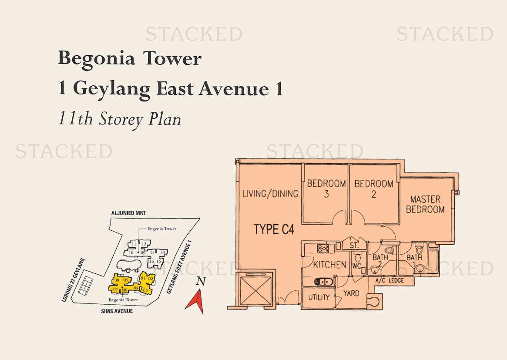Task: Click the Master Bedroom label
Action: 425,205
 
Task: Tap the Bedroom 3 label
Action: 326,188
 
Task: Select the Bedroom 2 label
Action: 374,189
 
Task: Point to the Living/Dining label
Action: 270,194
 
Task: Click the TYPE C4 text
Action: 274,229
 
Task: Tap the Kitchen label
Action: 329,265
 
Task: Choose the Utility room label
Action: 319,297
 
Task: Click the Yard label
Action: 351,293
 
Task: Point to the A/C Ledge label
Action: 389,280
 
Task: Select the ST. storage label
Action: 354,246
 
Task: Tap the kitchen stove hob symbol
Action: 322,249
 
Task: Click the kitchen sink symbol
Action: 322,282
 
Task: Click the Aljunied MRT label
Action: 128,213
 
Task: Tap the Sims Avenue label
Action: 117,311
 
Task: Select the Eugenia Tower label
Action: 161,229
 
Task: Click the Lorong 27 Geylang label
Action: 74,280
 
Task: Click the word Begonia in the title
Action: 96,59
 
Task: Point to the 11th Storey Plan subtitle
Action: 119,119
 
